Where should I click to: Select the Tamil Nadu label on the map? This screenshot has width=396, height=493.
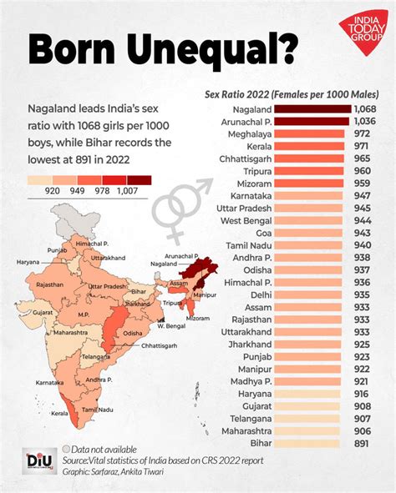tap(103, 410)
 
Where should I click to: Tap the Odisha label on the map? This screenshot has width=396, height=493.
tap(132, 334)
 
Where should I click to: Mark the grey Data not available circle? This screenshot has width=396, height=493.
tap(66, 448)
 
